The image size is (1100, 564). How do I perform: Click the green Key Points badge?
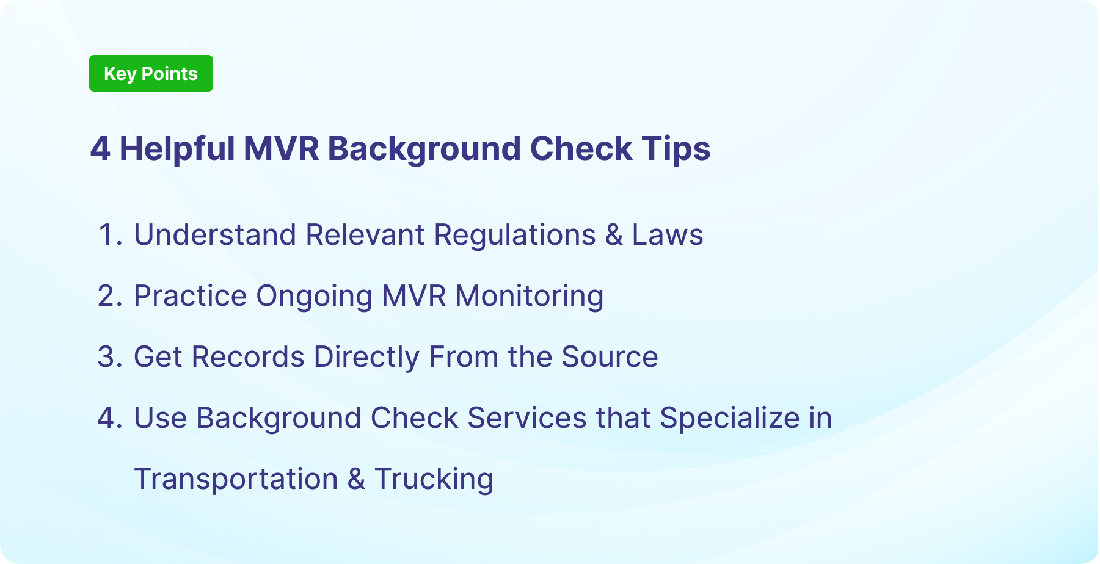click(x=151, y=73)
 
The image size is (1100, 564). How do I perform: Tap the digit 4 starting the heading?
click(x=100, y=149)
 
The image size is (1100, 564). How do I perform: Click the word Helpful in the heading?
click(x=177, y=149)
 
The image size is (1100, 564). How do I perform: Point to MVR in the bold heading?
click(x=281, y=149)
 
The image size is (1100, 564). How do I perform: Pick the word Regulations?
click(x=515, y=235)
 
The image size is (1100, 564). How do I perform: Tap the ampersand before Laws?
click(x=614, y=235)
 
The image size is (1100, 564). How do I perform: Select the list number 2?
click(x=110, y=296)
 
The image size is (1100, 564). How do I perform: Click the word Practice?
click(x=191, y=296)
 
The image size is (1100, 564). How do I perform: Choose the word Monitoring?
click(x=529, y=296)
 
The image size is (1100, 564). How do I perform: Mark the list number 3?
click(x=110, y=357)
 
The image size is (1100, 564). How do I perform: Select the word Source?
click(x=610, y=357)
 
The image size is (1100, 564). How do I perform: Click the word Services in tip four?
click(x=527, y=418)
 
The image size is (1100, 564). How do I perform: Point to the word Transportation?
click(x=236, y=479)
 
